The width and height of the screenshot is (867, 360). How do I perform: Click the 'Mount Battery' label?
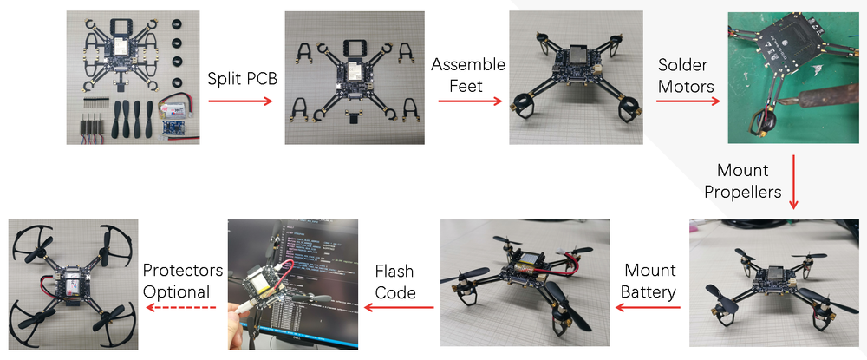tap(649, 281)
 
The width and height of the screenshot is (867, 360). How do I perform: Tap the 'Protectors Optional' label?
tap(182, 281)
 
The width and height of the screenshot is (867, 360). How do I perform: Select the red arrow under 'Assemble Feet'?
tap(469, 101)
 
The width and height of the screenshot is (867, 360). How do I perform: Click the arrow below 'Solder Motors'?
tap(687, 101)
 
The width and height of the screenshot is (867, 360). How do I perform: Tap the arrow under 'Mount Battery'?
tap(649, 307)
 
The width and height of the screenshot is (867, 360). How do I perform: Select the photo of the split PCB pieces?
tap(355, 77)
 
